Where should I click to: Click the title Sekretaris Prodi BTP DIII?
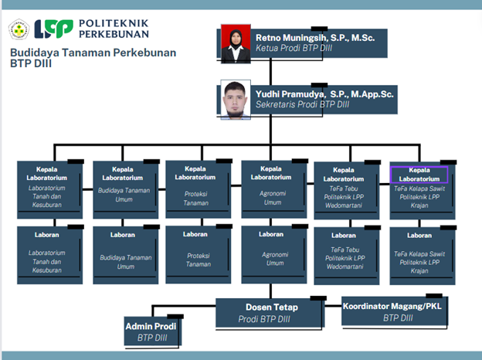(303, 104)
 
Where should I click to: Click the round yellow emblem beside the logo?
(19, 30)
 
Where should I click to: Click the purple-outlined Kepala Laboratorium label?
(419, 174)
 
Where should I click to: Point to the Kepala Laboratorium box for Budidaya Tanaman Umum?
(122, 188)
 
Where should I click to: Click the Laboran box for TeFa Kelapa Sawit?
(419, 256)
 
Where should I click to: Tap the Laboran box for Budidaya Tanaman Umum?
(122, 254)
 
